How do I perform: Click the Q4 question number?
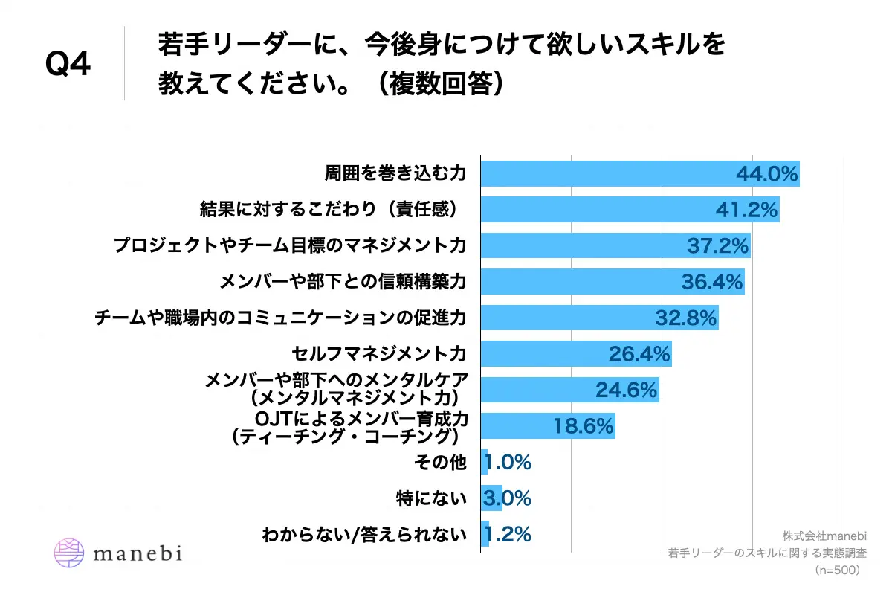coord(68,65)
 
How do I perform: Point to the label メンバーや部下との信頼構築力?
coord(343,282)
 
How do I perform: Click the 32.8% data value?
coord(685,318)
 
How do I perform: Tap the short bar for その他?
coord(485,462)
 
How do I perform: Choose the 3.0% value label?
coord(507,498)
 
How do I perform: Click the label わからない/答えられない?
coord(364,534)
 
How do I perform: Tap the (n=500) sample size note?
coord(837,570)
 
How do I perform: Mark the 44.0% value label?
coord(766,174)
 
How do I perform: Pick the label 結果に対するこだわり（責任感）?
coord(332,210)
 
